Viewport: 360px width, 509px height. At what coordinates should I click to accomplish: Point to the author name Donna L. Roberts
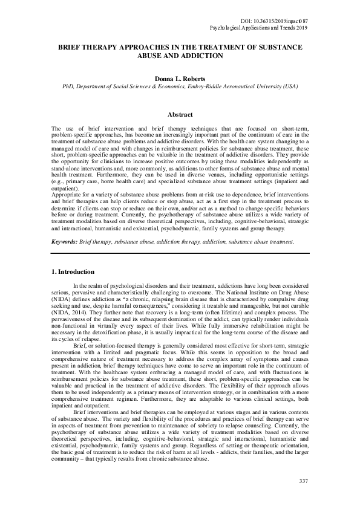[180, 79]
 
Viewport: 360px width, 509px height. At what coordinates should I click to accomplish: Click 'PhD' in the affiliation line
[69, 86]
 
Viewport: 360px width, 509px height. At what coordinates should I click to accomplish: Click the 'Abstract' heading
[180, 115]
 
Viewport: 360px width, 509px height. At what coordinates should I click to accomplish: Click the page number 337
[303, 481]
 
